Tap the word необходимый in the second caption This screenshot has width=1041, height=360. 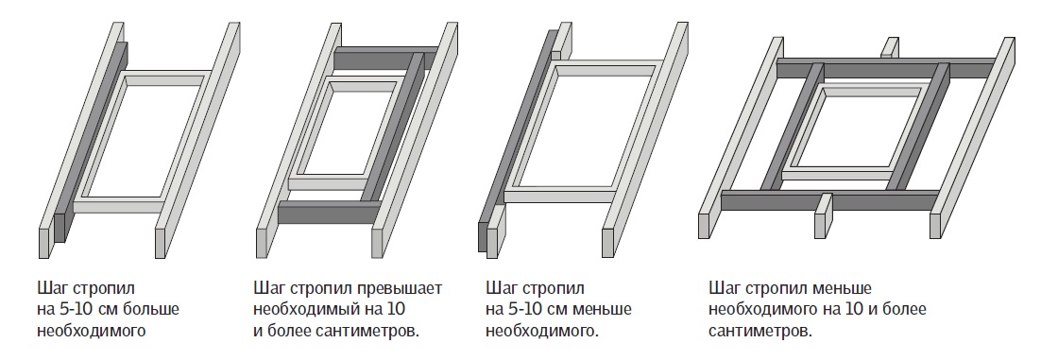click(310, 310)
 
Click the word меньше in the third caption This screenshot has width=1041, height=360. click(603, 310)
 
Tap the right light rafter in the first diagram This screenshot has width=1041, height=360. click(197, 140)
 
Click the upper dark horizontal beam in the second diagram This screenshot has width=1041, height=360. click(385, 59)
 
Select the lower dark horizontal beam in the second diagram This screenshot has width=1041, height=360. click(329, 214)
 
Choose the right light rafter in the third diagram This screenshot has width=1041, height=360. click(645, 140)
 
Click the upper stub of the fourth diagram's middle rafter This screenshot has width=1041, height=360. click(890, 48)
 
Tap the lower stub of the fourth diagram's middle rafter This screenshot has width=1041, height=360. click(823, 215)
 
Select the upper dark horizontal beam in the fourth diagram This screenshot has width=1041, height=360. click(886, 68)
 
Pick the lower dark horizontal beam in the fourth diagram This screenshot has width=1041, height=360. click(830, 200)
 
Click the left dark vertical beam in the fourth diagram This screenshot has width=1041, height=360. click(792, 127)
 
